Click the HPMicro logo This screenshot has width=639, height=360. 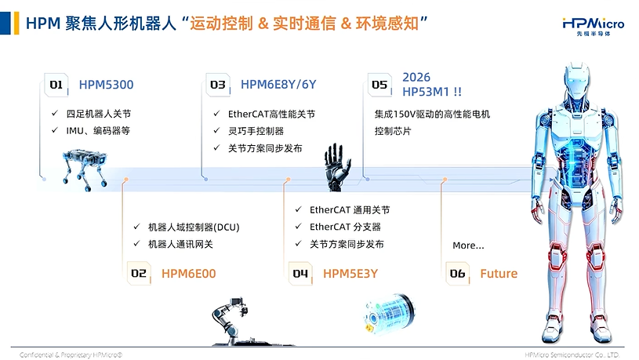click(593, 27)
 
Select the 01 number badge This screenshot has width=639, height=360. click(56, 85)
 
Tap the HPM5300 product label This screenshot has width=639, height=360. click(106, 85)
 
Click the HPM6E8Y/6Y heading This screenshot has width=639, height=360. click(278, 85)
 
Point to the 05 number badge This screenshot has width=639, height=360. click(379, 85)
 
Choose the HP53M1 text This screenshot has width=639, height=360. click(426, 92)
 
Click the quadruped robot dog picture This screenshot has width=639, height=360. click(85, 169)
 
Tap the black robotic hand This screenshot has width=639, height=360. click(337, 167)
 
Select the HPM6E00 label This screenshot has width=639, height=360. click(189, 274)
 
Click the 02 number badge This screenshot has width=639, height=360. click(139, 273)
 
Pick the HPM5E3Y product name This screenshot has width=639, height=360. click(350, 274)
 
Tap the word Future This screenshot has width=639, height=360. click(499, 274)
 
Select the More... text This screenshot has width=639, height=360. click(468, 245)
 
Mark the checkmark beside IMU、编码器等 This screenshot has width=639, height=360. click(55, 130)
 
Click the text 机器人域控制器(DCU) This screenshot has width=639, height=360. click(194, 227)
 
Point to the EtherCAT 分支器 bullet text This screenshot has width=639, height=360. click(345, 227)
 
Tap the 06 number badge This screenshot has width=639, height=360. click(457, 273)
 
